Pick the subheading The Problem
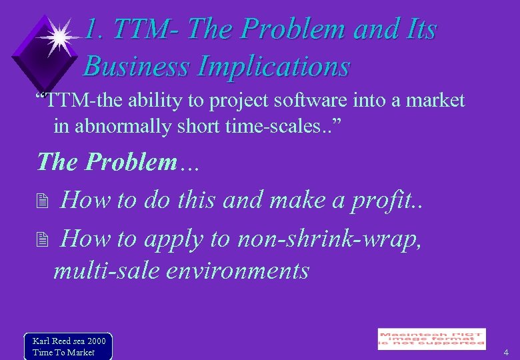[x=108, y=162]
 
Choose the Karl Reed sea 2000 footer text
[x=69, y=341]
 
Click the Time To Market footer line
[x=64, y=352]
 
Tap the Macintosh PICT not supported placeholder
[x=431, y=339]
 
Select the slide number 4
[x=506, y=352]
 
